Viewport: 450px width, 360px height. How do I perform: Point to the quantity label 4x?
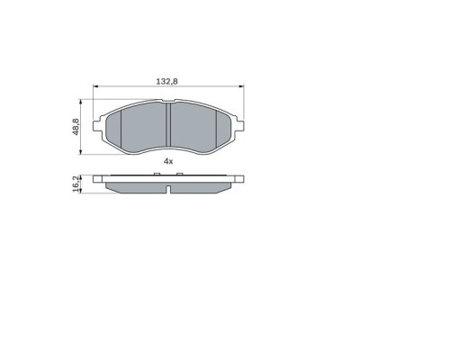point(167,160)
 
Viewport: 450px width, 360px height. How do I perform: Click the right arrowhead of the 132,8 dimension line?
point(240,87)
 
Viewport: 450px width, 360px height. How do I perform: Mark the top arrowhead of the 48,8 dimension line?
point(83,101)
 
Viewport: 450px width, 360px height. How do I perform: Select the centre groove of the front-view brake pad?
point(168,126)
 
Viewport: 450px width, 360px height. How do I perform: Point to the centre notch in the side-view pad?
point(168,188)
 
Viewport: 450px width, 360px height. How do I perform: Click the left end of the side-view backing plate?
point(96,179)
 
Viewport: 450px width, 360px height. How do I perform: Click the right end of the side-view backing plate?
point(240,179)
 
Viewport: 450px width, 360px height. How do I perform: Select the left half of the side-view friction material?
point(135,186)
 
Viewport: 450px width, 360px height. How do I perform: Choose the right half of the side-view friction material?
point(202,186)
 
